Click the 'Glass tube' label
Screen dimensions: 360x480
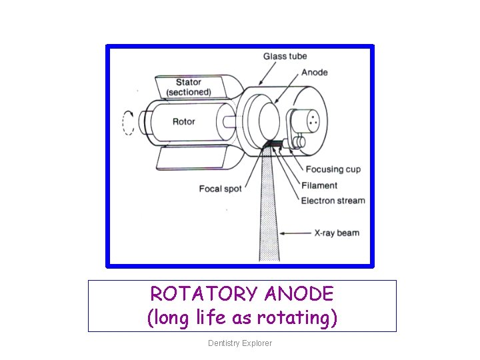(285, 56)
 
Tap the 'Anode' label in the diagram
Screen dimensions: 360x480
(315, 72)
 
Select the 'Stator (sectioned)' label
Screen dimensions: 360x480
(189, 87)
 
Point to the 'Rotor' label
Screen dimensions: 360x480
(184, 121)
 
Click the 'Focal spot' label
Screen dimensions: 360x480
(220, 189)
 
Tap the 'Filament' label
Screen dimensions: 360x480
(319, 185)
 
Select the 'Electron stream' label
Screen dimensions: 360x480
(333, 200)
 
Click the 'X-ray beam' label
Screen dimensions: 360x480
(337, 233)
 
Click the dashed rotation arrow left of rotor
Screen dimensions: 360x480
(128, 122)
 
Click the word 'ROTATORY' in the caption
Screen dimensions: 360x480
(203, 294)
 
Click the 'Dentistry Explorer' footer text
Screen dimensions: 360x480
(240, 343)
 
